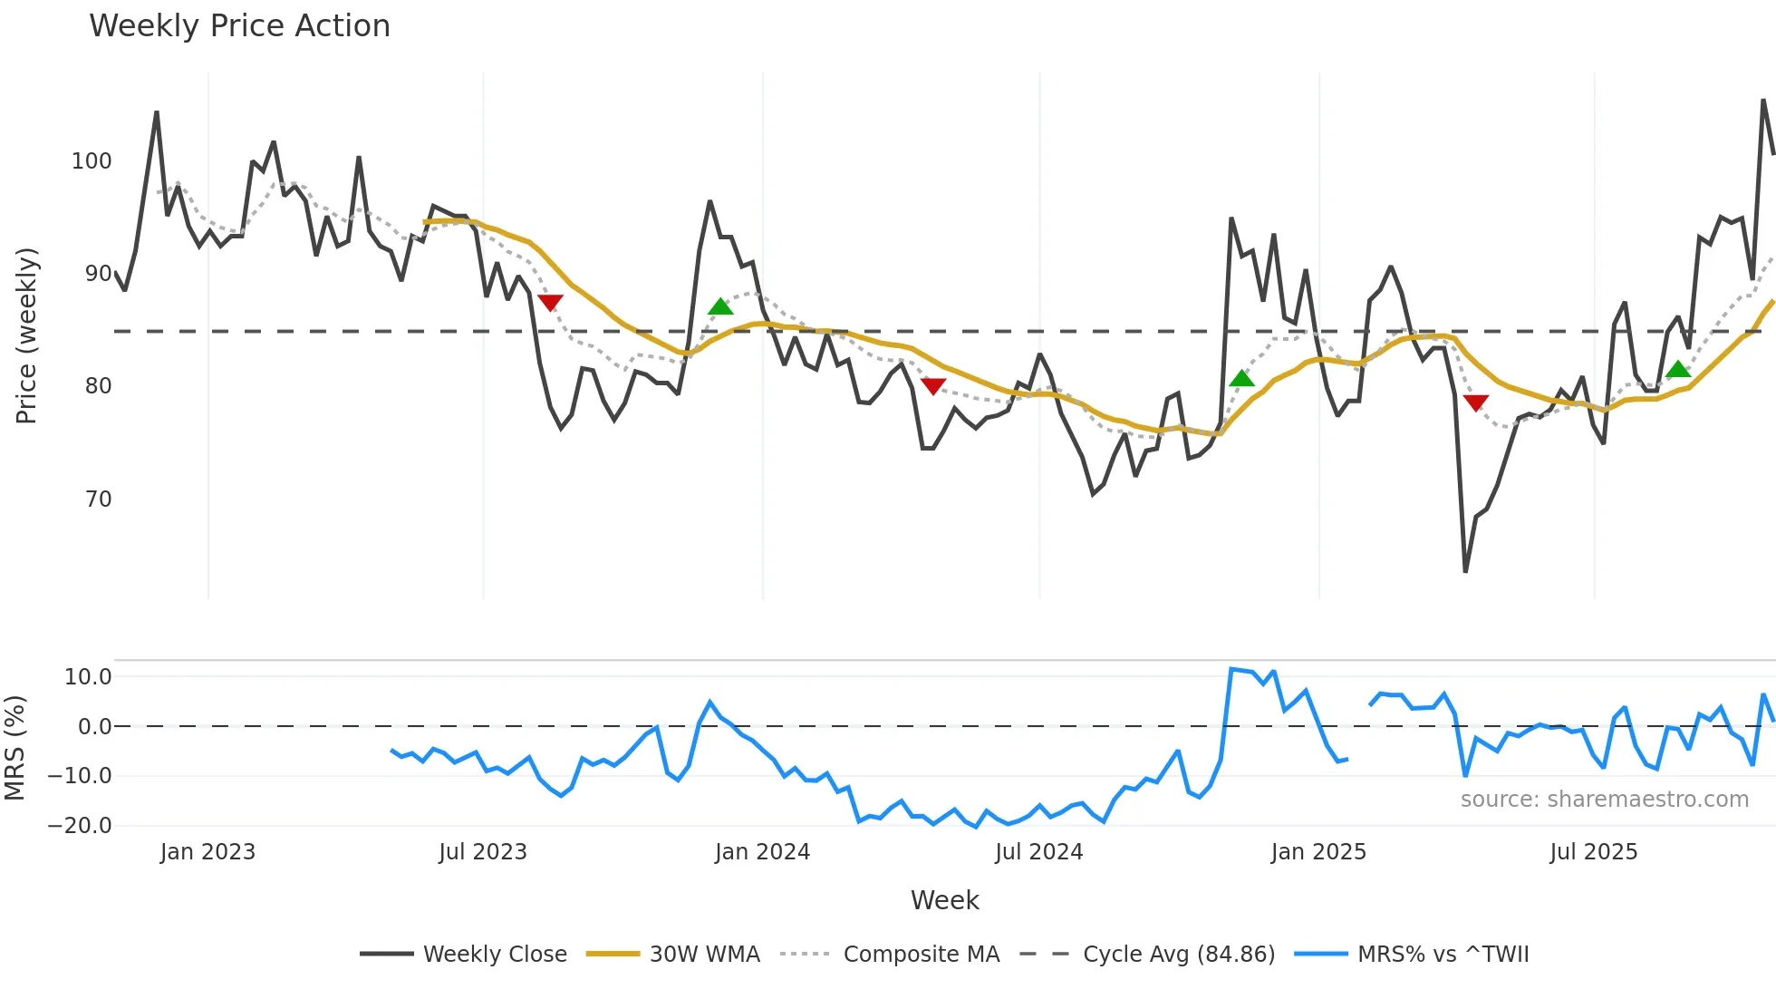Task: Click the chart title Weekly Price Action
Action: point(239,26)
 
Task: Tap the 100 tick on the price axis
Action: point(92,161)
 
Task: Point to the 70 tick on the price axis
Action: point(98,499)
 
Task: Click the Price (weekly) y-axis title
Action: point(26,335)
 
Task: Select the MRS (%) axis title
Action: point(14,748)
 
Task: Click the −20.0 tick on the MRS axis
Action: point(80,826)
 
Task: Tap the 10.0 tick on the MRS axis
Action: point(88,677)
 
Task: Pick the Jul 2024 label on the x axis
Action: point(1038,852)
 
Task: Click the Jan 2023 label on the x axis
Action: point(208,852)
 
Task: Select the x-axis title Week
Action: point(944,900)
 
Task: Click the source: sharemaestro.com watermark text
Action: point(1604,800)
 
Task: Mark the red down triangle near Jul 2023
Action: point(550,302)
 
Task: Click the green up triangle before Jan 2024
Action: point(720,306)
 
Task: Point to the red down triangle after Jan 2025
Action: point(1475,403)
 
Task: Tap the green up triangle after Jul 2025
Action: point(1678,369)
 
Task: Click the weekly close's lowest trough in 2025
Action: point(1465,571)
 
